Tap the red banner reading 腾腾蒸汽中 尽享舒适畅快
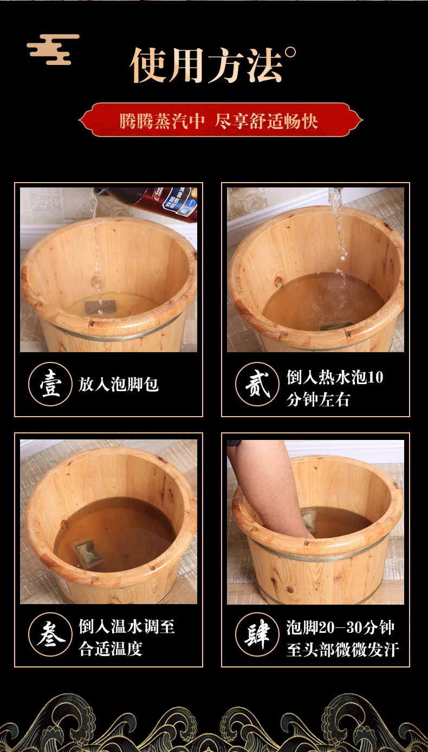pos(221,120)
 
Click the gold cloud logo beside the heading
pos(54,49)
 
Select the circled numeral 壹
pos(50,384)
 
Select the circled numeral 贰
pos(257,384)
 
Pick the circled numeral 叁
pos(50,634)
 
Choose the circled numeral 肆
pos(257,634)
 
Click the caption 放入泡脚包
pos(119,384)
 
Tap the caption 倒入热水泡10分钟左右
pos(335,388)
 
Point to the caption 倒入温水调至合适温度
pos(127,638)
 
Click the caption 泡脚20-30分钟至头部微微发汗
pos(343,638)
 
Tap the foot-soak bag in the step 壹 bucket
pos(100,306)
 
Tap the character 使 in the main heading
pos(148,65)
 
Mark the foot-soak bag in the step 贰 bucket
pos(336,326)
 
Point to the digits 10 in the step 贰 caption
pos(375,377)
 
